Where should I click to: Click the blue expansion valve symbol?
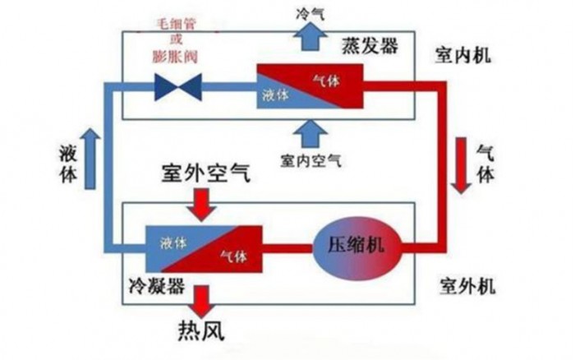[173, 85]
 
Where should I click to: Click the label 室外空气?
[202, 174]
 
